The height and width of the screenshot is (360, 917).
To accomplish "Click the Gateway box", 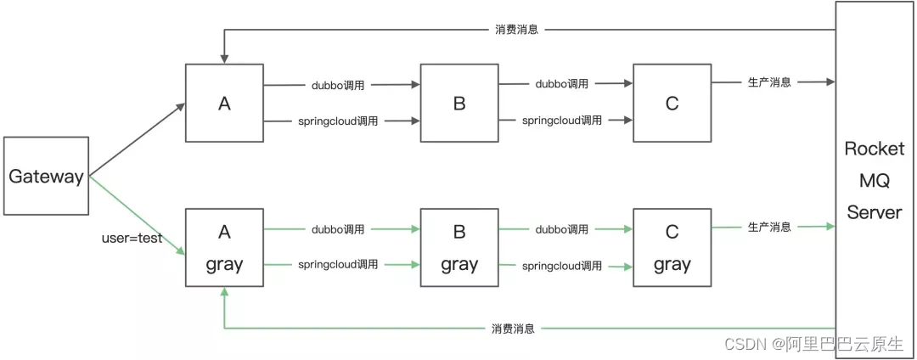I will pos(46,177).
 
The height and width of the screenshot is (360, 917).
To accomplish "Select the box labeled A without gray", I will pos(224,104).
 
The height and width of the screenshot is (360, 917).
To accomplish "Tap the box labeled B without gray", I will pos(459,104).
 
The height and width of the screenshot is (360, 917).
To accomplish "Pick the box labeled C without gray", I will pos(672,104).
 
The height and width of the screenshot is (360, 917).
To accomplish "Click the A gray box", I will pos(224,248).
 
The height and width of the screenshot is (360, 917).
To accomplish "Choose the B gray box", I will pos(459,248).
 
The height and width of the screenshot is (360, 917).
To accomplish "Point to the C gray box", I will pos(672,248).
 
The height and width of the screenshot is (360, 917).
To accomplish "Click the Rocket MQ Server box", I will pos(874,180).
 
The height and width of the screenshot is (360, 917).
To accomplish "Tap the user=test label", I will pos(132,239).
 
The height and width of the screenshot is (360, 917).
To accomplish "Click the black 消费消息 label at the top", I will pos(516,30).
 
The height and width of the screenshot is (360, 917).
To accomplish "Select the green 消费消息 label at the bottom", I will pos(513,329).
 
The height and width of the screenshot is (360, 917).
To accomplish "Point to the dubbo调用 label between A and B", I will pos(337,85).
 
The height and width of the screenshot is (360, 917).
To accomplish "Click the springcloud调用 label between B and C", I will pos(562,121).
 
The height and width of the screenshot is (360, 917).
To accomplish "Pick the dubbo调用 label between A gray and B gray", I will pos(337,229).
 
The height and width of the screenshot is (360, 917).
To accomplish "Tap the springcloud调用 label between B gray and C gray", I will pos(562,266).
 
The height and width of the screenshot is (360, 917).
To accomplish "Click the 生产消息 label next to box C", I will pos(769,82).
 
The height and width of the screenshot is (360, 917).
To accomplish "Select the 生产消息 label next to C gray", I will pos(769,227).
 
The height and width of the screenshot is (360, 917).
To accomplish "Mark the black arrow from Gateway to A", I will pos(136,141).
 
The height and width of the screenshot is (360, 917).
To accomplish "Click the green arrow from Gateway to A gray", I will pos(136,216).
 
